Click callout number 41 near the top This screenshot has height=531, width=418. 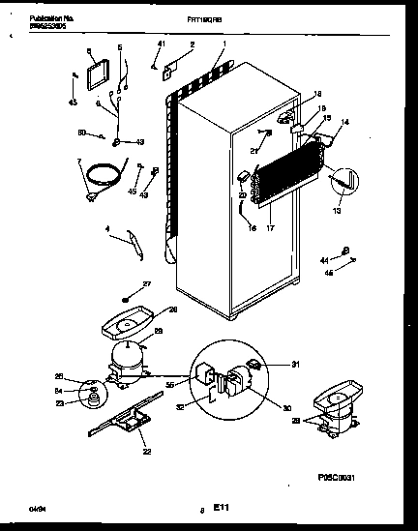pos(162,45)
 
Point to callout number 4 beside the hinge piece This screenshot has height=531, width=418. pos(108,230)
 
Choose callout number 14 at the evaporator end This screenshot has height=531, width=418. pos(345,123)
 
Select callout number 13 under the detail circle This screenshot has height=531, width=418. pos(338,209)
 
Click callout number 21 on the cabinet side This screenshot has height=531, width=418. pos(254,149)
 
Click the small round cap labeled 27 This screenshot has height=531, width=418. pos(127,298)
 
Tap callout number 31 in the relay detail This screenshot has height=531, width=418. pos(271,364)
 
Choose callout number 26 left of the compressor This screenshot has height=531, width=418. pos(57,376)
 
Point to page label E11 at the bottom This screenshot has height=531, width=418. pos(220,504)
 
